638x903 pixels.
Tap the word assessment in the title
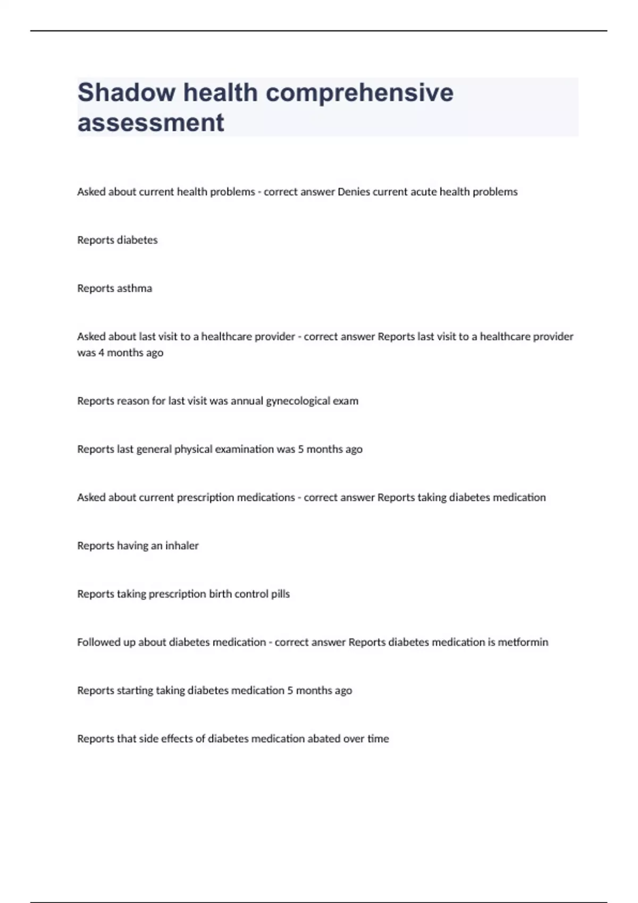(150, 123)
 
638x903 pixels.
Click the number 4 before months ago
(101, 353)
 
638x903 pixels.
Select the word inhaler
(182, 546)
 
